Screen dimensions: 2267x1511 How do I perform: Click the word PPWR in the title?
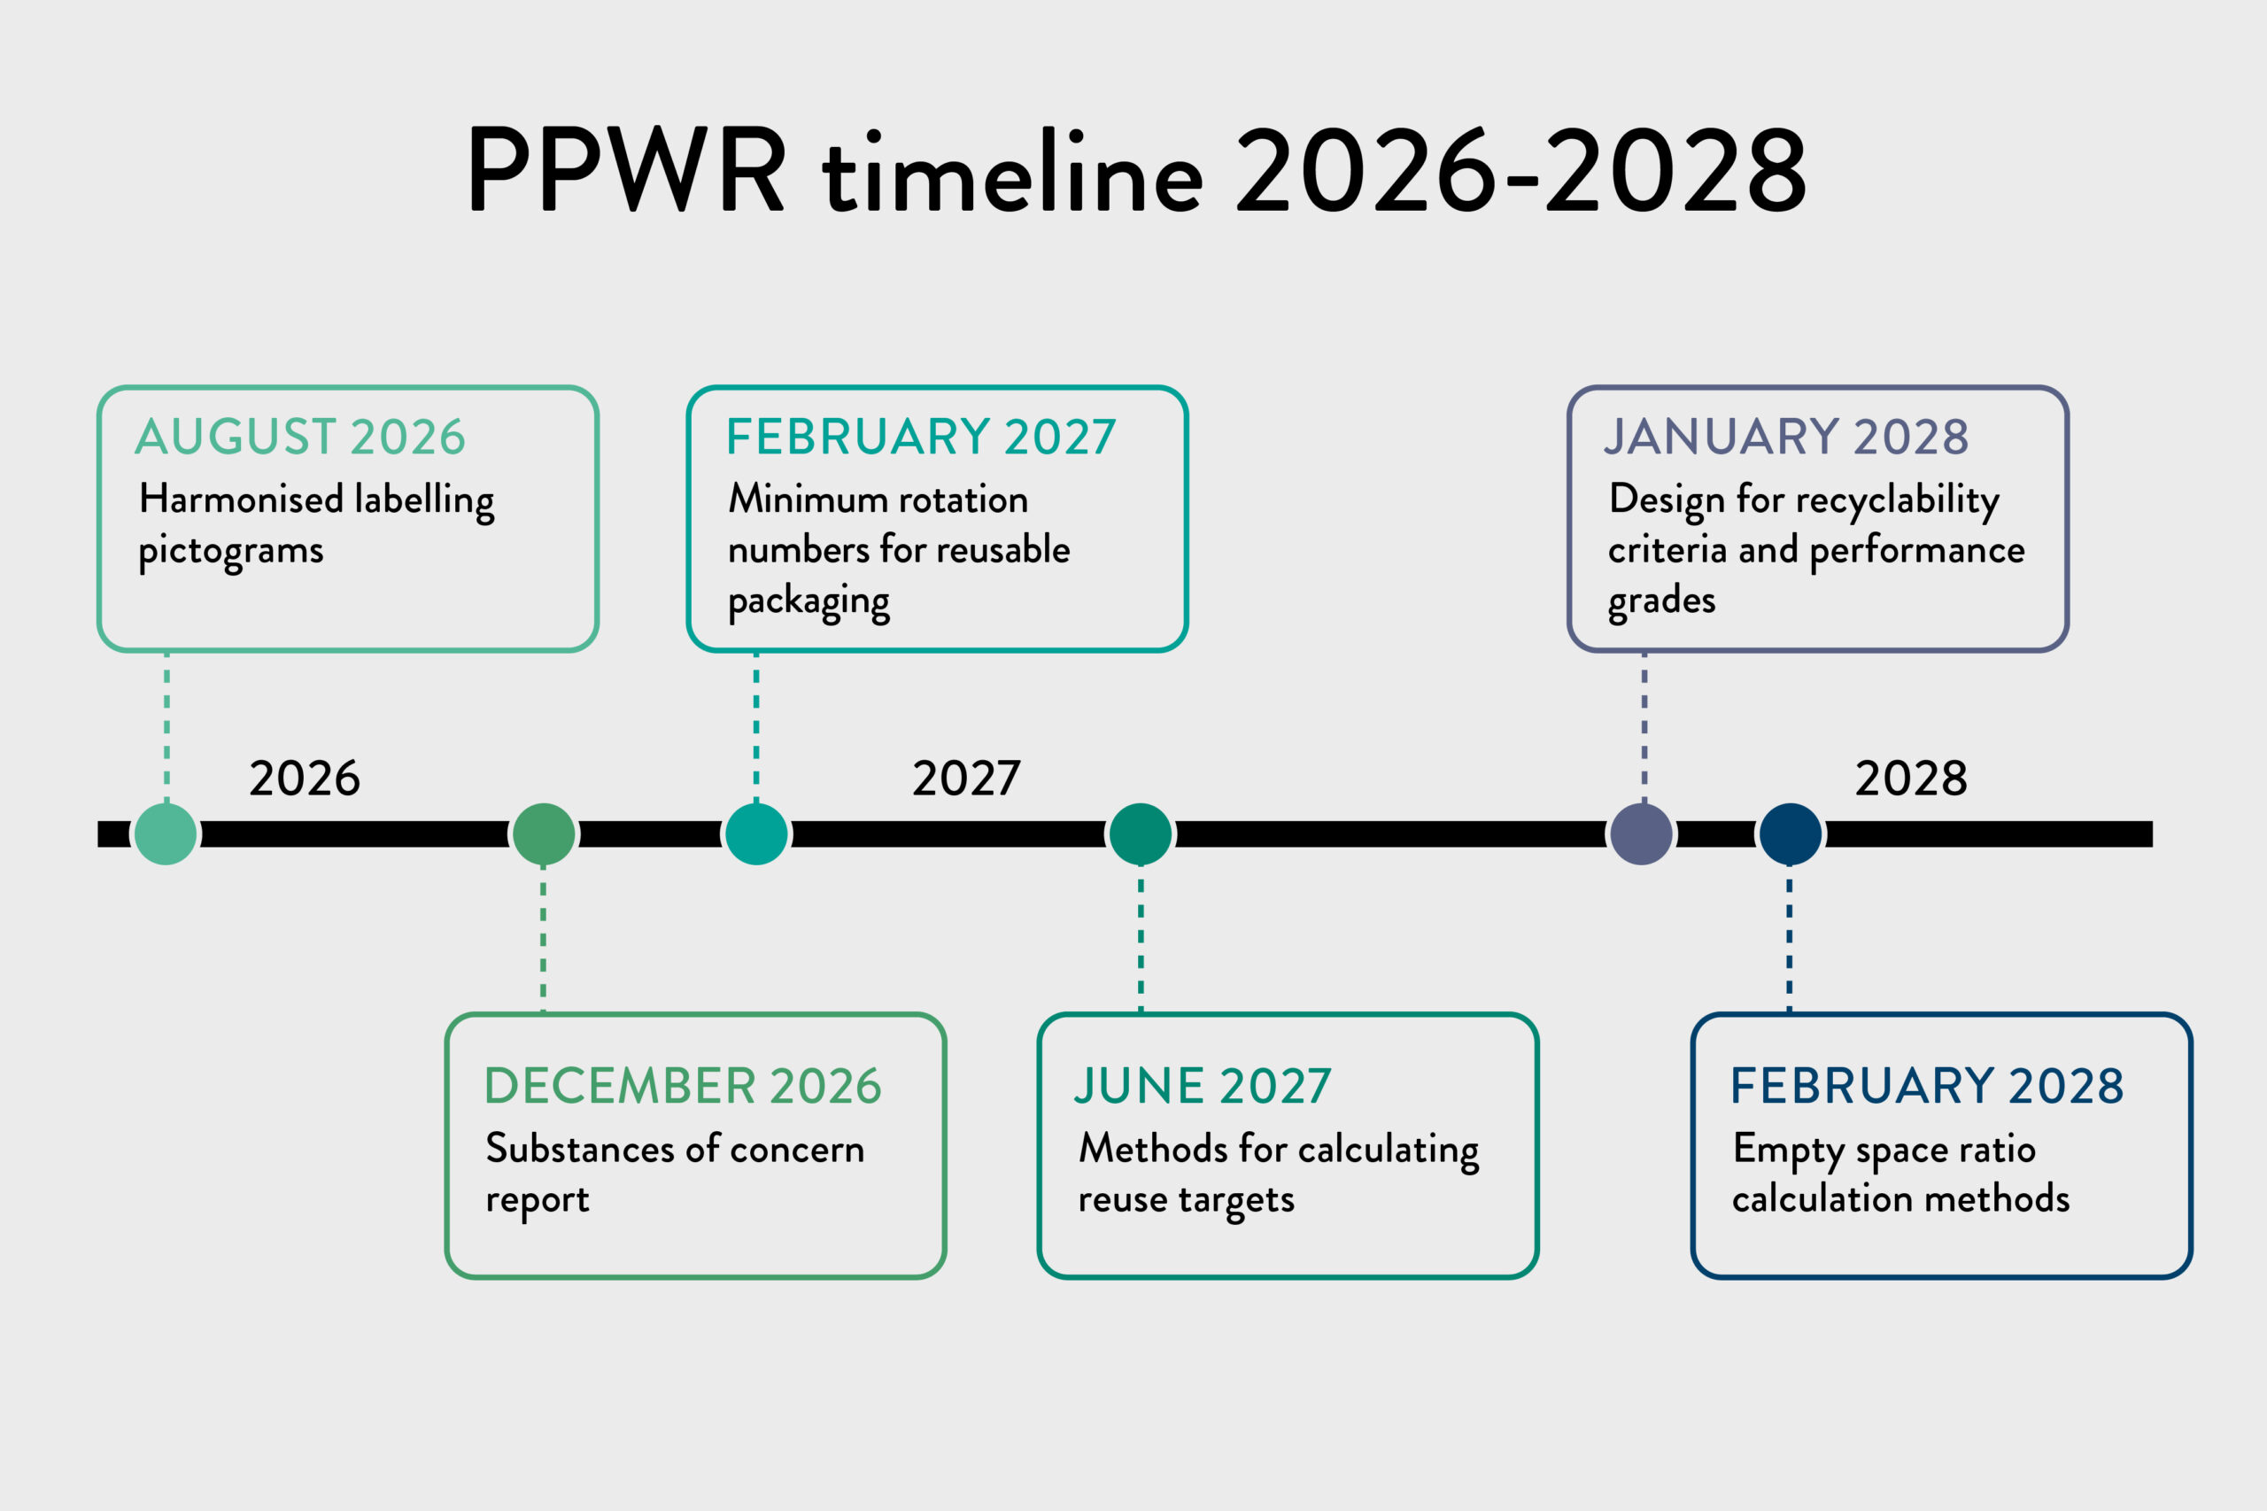626,168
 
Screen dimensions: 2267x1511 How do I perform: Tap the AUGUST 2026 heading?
300,437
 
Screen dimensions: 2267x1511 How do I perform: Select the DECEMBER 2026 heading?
682,1085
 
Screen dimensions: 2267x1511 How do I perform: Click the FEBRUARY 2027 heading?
921,437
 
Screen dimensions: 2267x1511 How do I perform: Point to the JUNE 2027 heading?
1203,1085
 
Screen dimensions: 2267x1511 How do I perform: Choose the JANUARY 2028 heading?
1786,437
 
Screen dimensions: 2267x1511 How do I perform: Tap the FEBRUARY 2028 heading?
1927,1085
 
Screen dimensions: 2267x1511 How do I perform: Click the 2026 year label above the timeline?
305,778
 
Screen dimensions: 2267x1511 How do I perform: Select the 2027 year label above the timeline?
966,778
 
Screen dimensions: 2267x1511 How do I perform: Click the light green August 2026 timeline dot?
166,833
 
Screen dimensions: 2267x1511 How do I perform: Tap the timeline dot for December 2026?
544,833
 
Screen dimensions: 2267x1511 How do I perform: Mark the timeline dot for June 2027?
1141,833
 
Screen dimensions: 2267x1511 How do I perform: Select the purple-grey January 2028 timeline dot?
1642,833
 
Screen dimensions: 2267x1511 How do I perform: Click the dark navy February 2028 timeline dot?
1790,833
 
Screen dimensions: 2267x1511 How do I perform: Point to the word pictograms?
231,552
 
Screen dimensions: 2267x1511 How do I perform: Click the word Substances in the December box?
580,1148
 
